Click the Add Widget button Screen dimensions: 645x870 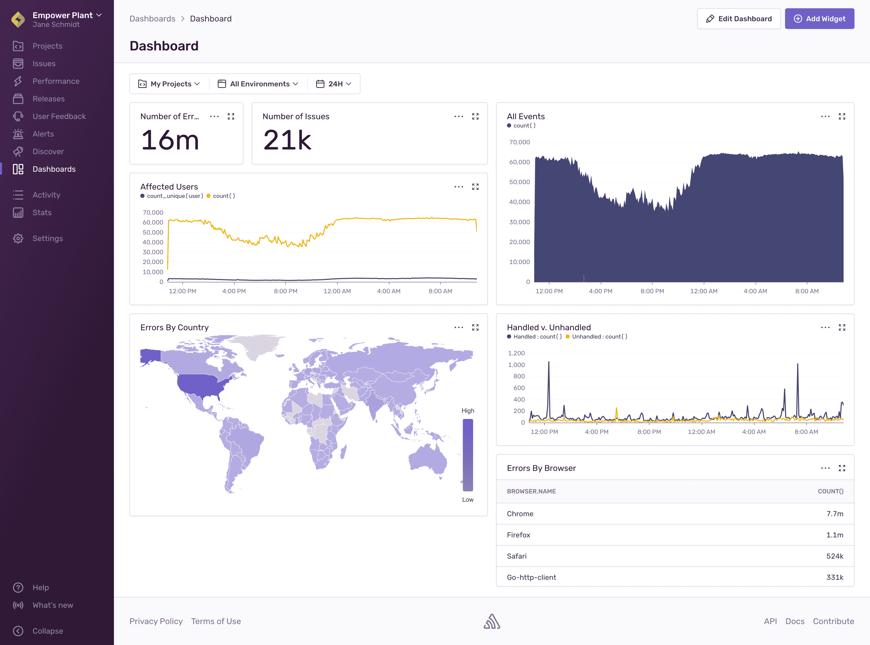pyautogui.click(x=819, y=19)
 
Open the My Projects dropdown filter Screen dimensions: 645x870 pyautogui.click(x=169, y=84)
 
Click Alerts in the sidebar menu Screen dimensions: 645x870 pyautogui.click(x=43, y=134)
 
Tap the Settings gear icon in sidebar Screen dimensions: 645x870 pyautogui.click(x=18, y=238)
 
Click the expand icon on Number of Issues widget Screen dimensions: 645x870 pyautogui.click(x=475, y=116)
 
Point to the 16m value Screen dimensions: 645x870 pyautogui.click(x=170, y=140)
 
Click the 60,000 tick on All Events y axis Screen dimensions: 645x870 pyautogui.click(x=519, y=162)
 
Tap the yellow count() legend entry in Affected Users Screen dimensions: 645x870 pyautogui.click(x=221, y=196)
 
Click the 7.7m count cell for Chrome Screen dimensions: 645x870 pyautogui.click(x=835, y=514)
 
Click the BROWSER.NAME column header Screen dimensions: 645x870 pyautogui.click(x=531, y=491)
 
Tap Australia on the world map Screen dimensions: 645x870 pyautogui.click(x=427, y=459)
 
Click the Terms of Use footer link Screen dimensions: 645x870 pyautogui.click(x=216, y=621)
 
